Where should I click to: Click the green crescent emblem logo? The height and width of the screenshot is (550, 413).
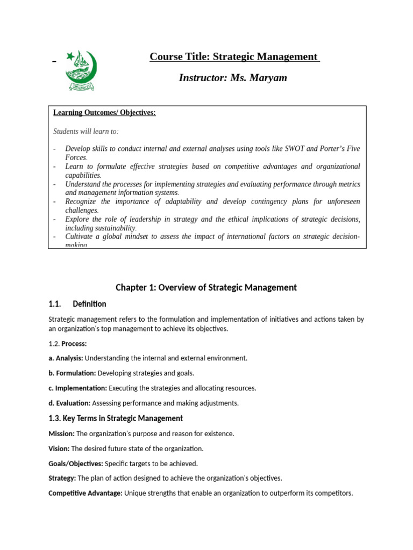[81, 70]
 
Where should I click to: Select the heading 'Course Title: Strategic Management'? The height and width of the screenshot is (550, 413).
[234, 57]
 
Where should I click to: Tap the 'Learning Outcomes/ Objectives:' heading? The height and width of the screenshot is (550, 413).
[104, 113]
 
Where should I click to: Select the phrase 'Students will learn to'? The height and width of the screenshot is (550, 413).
[85, 131]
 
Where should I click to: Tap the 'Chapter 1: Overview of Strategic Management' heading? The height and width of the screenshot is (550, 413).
[206, 287]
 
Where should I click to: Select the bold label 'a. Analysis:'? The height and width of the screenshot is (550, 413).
[66, 358]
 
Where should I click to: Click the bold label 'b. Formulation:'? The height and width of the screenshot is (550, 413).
[72, 373]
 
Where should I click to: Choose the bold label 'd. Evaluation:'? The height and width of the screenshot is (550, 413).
[69, 403]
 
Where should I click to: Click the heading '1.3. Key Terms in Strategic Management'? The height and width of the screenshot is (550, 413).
[116, 418]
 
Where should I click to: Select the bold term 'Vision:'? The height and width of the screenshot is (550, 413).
[59, 448]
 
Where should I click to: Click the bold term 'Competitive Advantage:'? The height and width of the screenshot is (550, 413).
[85, 493]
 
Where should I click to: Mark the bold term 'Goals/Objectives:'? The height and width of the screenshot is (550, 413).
[75, 464]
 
